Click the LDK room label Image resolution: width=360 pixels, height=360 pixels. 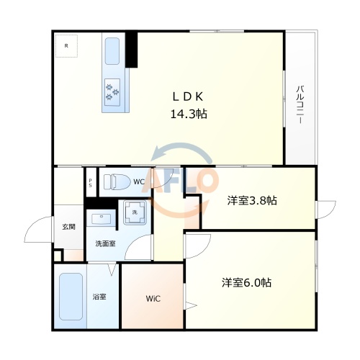pos(190,96)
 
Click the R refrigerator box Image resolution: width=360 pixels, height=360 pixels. pos(67,47)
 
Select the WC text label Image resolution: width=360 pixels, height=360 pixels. pos(138,181)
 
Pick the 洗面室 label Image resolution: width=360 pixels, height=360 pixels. pos(105,243)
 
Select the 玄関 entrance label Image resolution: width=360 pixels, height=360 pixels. pos(68,227)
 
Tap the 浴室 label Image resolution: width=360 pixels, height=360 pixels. pos(99,297)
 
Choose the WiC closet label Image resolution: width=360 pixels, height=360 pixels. pos(153,298)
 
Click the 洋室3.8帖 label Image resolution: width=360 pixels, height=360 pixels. pos(248,201)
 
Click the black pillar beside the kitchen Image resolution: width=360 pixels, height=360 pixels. pos(131,50)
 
